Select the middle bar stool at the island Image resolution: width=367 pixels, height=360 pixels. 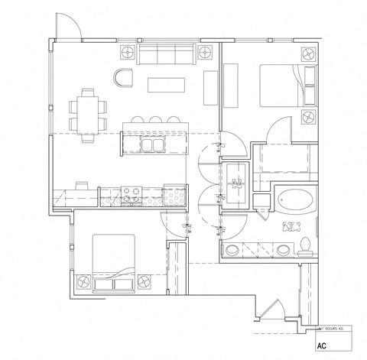(154, 120)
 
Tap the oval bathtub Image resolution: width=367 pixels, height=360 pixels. (294, 203)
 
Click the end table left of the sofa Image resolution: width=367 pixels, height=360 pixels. (128, 53)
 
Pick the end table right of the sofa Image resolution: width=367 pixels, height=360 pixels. (205, 53)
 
